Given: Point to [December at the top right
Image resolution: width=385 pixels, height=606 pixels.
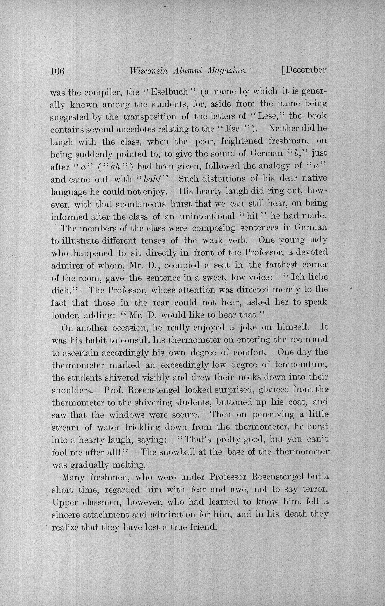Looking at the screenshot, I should [x=304, y=70].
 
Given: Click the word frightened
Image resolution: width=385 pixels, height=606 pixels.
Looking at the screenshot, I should [x=241, y=142].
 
